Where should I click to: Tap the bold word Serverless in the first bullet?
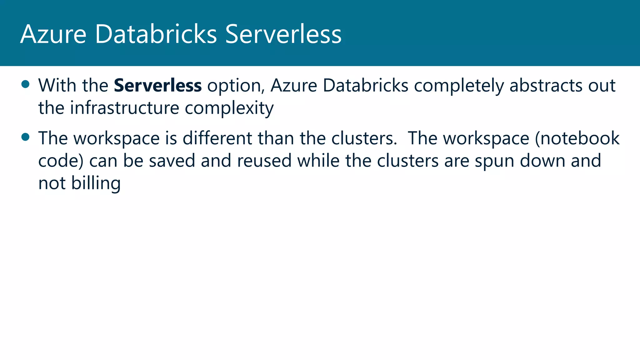click(158, 85)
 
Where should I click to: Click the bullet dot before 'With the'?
click(25, 84)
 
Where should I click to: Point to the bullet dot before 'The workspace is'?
click(25, 137)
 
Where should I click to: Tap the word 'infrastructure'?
click(125, 108)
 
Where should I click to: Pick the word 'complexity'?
click(229, 108)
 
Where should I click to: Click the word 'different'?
click(217, 138)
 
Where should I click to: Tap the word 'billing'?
click(96, 183)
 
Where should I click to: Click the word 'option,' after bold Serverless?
click(236, 86)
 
